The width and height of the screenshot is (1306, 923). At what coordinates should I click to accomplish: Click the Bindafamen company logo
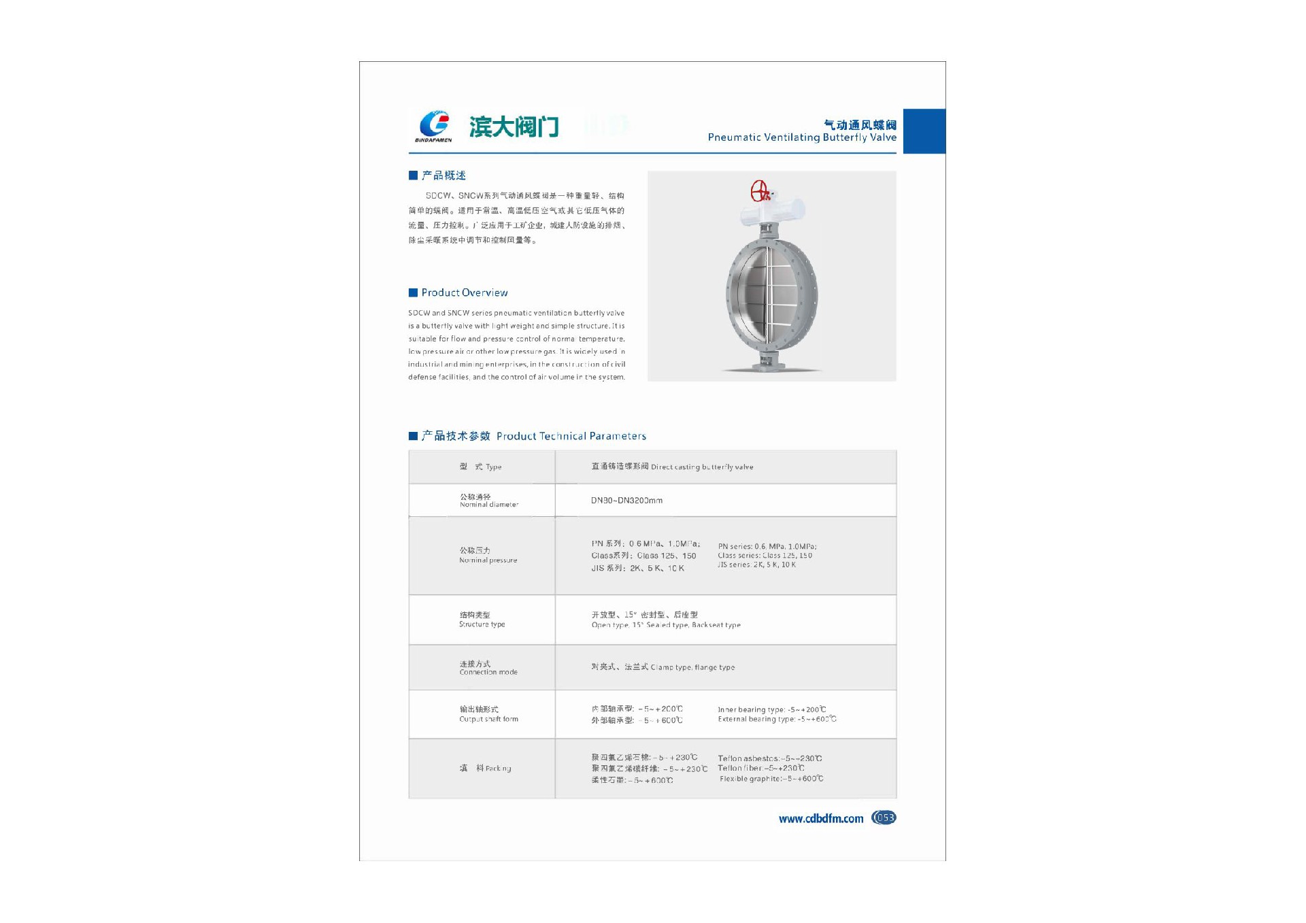click(x=434, y=126)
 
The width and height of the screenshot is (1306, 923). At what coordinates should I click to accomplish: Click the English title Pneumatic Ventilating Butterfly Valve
click(x=801, y=137)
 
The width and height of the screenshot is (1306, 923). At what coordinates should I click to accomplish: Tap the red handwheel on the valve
click(x=759, y=191)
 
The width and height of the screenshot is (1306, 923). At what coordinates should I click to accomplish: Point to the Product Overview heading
click(x=464, y=292)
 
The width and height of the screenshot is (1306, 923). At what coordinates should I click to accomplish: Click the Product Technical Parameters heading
click(x=571, y=436)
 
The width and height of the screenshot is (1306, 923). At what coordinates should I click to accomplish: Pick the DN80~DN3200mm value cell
click(x=626, y=501)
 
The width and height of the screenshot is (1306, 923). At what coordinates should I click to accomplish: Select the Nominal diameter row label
click(x=488, y=501)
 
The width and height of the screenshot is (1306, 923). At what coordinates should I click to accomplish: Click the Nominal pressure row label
click(x=488, y=555)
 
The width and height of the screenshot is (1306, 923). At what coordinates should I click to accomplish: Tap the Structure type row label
click(x=482, y=620)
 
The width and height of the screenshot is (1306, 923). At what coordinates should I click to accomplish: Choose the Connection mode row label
click(x=488, y=668)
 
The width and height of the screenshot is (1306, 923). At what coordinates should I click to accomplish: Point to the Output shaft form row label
click(x=488, y=714)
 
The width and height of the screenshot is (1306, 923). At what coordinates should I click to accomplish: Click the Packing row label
click(x=485, y=769)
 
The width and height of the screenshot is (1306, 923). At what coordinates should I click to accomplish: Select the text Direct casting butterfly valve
click(x=701, y=467)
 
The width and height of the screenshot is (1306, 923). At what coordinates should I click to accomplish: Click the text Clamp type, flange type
click(x=692, y=668)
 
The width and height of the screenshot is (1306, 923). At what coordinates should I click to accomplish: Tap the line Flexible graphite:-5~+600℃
click(x=771, y=779)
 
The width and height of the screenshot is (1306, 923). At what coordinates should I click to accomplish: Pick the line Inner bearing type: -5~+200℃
click(x=772, y=709)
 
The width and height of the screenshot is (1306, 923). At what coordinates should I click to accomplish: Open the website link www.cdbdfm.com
click(x=821, y=819)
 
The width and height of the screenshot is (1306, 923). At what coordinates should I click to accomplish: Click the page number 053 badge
click(x=884, y=818)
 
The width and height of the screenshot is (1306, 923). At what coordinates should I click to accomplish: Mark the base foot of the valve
click(x=772, y=367)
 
